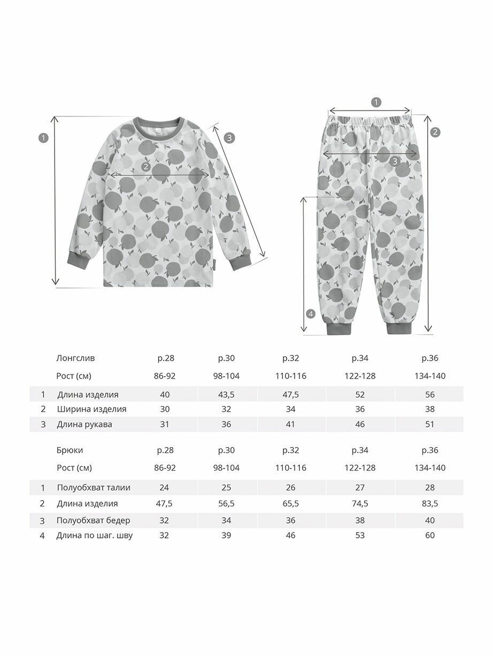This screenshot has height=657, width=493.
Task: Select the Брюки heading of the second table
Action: [70, 450]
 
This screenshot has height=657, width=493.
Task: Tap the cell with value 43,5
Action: [226, 395]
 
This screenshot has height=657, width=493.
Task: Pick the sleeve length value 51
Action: [429, 425]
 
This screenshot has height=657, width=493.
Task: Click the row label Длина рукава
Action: [84, 425]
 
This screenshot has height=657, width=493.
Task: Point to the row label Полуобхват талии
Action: [94, 487]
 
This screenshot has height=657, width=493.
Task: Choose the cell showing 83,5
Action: [429, 504]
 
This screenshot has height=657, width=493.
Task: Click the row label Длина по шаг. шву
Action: [95, 535]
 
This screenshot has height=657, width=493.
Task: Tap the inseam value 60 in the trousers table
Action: [429, 535]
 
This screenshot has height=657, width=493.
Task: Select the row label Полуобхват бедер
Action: [94, 520]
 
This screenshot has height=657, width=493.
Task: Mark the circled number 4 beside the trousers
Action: [311, 314]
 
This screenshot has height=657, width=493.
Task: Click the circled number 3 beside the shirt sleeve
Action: [229, 137]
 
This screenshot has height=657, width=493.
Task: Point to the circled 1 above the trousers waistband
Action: [376, 102]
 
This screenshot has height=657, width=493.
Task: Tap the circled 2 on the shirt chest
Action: [145, 167]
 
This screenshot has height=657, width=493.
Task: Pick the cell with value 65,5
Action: [291, 504]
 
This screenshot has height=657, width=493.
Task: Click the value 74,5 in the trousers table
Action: [360, 504]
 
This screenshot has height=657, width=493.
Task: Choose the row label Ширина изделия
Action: [91, 410]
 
